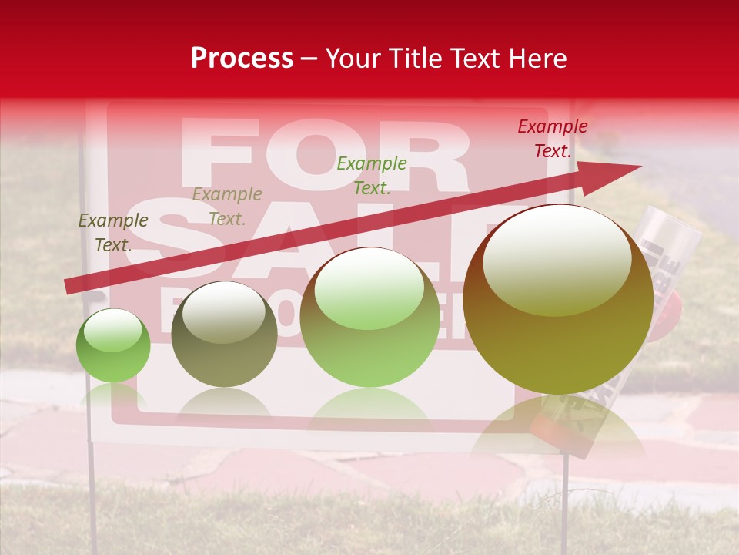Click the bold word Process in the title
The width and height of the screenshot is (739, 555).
pos(242,59)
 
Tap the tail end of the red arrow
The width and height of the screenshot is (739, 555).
pos(69,286)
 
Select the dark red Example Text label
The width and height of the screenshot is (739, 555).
pos(553,139)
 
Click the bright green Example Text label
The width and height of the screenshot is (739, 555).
pos(372,175)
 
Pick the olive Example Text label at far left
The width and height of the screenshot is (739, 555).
pos(113,232)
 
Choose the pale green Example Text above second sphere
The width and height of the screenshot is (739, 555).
pos(227,206)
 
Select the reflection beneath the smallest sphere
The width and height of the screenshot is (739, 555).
pos(113,395)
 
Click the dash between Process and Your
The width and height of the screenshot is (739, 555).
pos(309,59)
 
